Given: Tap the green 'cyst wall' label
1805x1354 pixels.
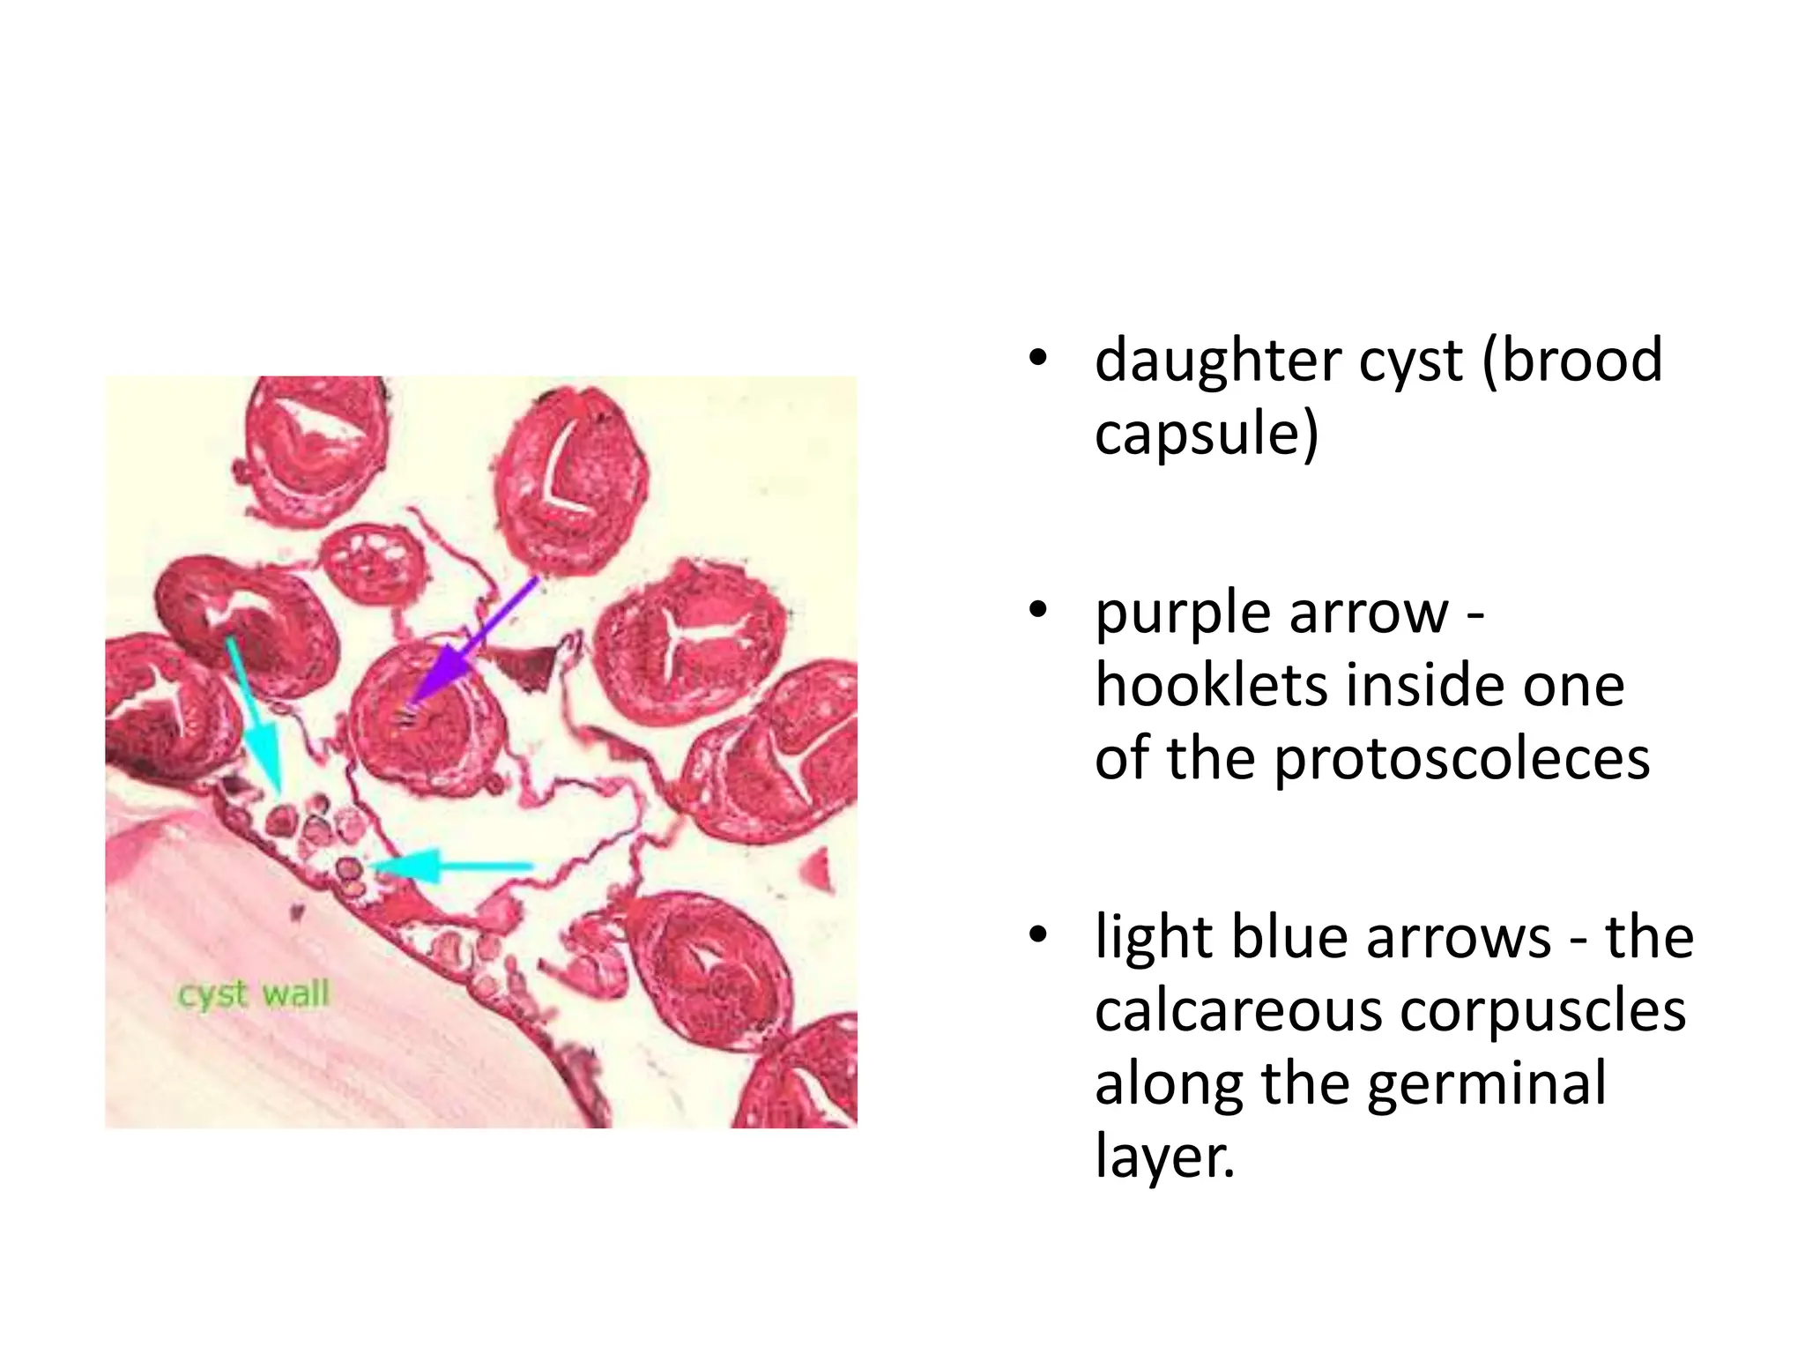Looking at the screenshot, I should point(254,994).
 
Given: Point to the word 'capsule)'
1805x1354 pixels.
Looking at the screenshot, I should point(1206,434).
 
